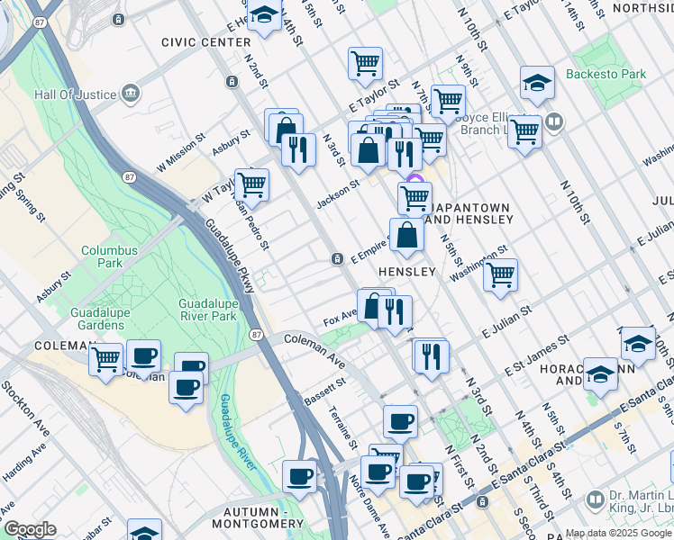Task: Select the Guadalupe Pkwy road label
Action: point(230,256)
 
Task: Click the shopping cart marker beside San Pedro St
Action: point(251,184)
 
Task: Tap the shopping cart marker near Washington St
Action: point(500,273)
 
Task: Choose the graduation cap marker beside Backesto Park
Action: point(537,83)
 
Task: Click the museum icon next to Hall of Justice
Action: point(132,92)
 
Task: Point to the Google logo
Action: point(30,529)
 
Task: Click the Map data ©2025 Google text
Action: point(618,533)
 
